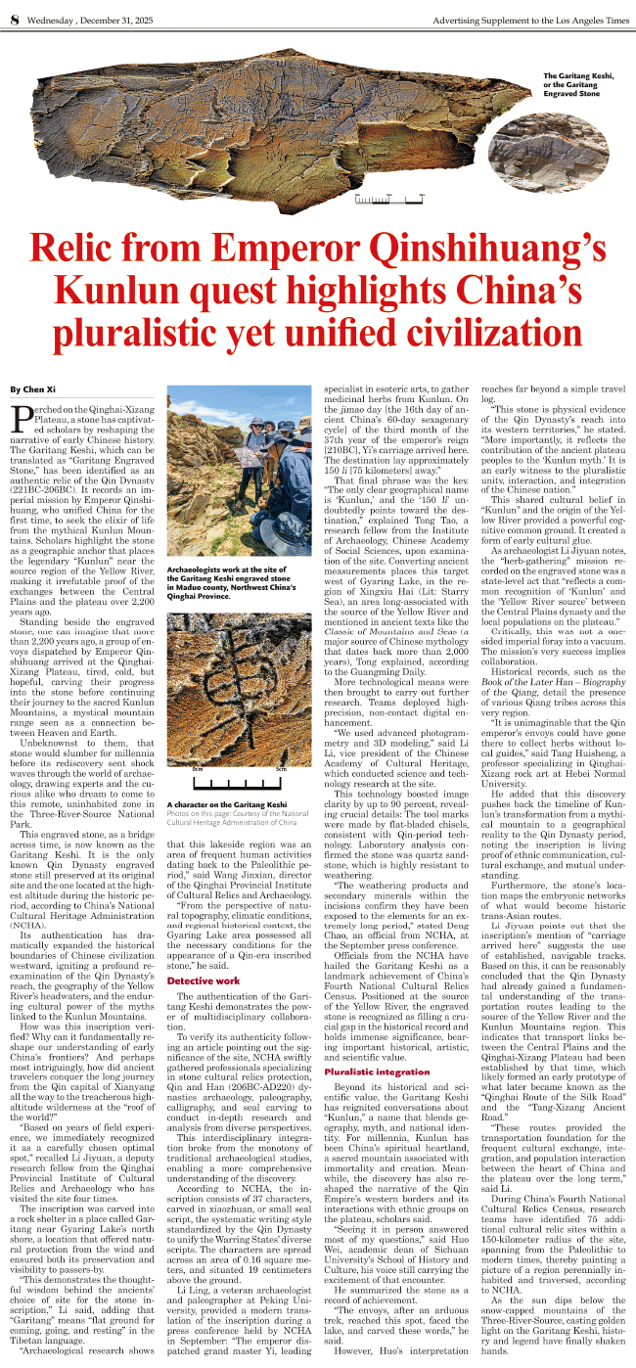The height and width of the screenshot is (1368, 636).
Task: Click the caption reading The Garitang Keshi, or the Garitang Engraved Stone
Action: [x=578, y=85]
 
